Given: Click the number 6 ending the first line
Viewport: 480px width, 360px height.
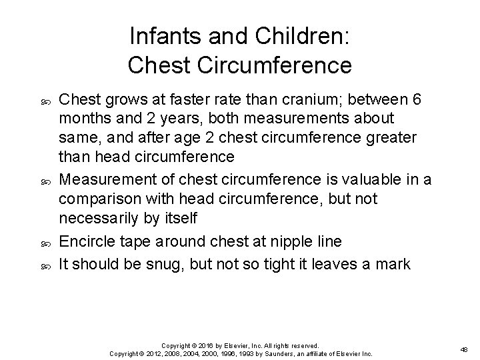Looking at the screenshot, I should click(417, 100).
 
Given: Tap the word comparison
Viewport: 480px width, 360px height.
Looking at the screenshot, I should click(99, 199).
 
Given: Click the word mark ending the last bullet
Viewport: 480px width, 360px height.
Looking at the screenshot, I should click(394, 263).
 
